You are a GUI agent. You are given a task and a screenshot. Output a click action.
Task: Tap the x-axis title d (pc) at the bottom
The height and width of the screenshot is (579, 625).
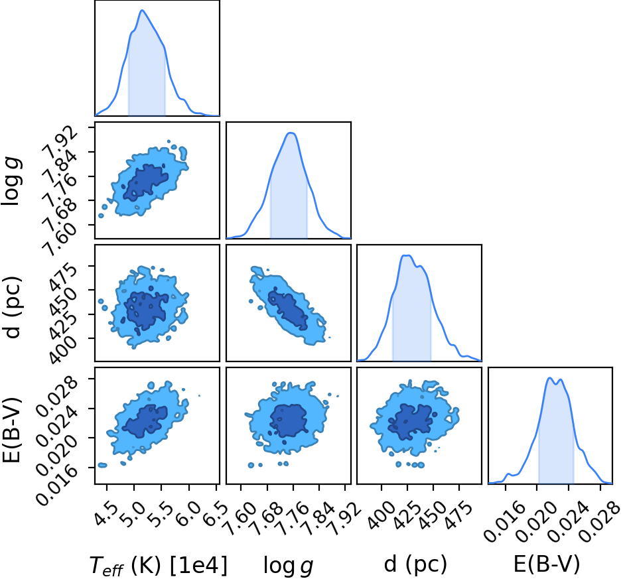[x=415, y=564]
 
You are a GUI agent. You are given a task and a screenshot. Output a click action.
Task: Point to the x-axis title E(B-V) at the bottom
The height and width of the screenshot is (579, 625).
[x=547, y=564]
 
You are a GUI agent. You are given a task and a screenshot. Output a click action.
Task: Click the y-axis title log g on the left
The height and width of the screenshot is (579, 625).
[x=11, y=181]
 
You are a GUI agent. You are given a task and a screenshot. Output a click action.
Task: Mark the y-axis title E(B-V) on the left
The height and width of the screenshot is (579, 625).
[x=11, y=429]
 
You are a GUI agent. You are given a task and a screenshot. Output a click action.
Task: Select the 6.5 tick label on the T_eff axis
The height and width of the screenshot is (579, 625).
[x=216, y=514]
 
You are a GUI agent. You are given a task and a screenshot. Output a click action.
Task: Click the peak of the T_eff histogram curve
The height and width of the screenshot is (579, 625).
[x=142, y=11]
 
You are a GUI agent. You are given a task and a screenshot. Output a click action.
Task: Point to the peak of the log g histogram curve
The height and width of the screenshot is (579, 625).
[x=291, y=133]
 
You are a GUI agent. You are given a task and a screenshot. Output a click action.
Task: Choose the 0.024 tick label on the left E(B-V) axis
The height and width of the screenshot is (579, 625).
[x=56, y=422]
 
